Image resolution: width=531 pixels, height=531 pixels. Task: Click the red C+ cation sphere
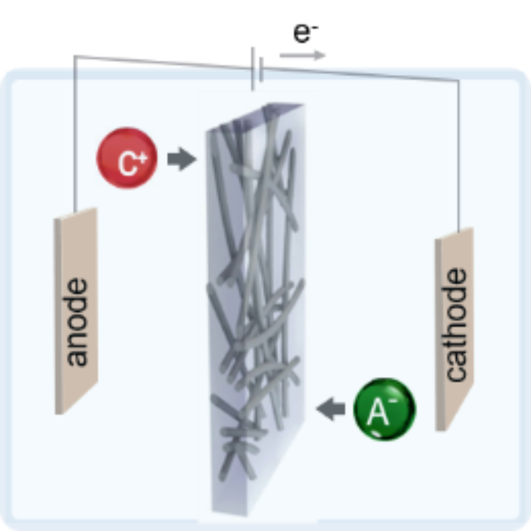[127, 158]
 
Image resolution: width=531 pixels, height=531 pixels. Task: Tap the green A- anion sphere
[384, 409]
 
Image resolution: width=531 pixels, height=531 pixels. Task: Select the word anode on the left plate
[76, 322]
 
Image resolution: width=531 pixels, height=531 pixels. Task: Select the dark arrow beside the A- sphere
[330, 409]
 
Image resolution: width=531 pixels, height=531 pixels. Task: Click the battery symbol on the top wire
[256, 69]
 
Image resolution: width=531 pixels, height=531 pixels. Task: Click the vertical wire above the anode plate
[74, 133]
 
